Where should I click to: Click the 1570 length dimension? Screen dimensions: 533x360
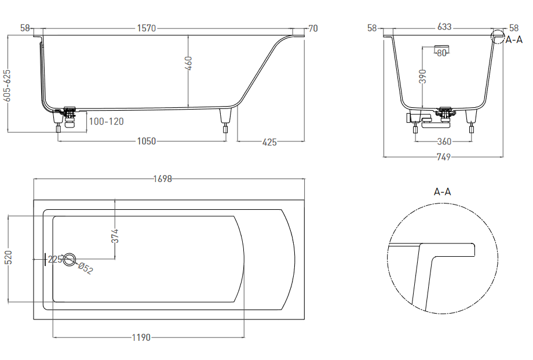(147, 28)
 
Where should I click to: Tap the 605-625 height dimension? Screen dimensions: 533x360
(7, 85)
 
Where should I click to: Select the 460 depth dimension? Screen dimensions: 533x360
(189, 63)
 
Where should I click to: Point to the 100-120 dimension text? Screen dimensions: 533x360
(107, 122)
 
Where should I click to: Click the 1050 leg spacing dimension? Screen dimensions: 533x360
(147, 141)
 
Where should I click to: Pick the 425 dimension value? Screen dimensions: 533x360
(269, 142)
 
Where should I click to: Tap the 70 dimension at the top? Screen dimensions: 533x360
(313, 28)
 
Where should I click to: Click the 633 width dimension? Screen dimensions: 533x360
(444, 27)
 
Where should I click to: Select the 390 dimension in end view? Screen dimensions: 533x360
(422, 77)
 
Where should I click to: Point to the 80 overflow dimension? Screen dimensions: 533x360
(441, 53)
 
